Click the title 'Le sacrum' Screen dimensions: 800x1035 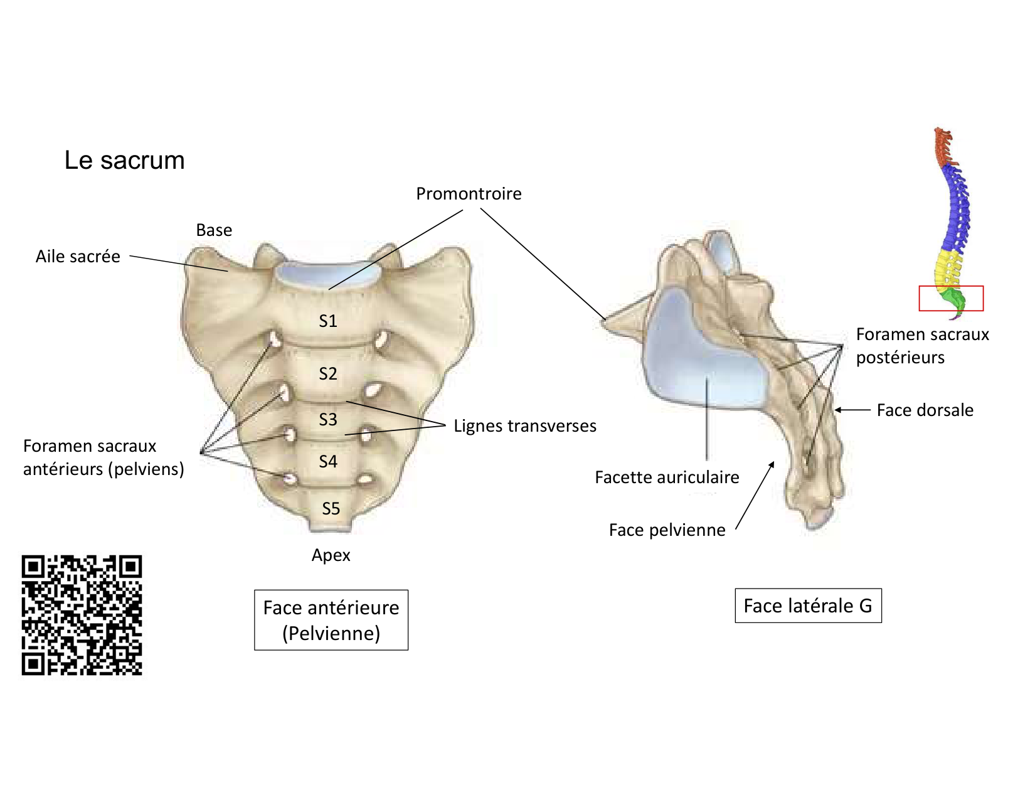(124, 161)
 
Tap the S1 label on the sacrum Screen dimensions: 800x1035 (328, 321)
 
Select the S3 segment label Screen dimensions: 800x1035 (328, 419)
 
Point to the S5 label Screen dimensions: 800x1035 (331, 508)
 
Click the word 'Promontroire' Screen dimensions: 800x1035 (469, 194)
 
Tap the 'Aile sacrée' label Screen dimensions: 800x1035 (78, 257)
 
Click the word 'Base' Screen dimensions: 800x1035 (214, 230)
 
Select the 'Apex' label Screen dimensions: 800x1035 (331, 555)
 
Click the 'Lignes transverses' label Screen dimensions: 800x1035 (525, 426)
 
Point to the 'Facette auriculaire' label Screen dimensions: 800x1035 (667, 477)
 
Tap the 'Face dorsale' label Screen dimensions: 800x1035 (925, 410)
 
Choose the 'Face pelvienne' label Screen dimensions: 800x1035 (667, 530)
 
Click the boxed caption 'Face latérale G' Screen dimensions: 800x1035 (808, 605)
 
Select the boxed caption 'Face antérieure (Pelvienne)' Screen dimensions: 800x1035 (331, 620)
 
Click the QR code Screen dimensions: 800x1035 (82, 615)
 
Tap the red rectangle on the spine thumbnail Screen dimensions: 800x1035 (951, 298)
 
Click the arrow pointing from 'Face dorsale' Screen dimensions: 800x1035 (852, 410)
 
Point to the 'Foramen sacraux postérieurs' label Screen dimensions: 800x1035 (922, 346)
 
